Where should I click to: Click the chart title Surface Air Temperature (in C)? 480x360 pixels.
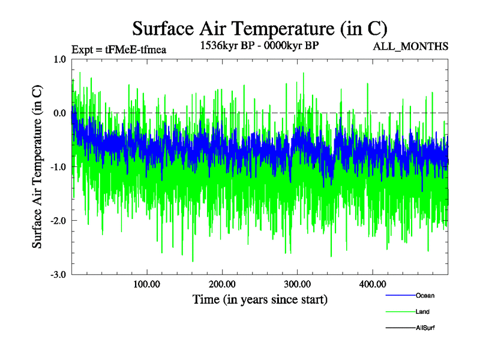click(x=260, y=28)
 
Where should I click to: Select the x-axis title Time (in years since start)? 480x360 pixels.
click(x=260, y=299)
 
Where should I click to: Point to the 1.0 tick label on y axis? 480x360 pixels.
click(x=59, y=59)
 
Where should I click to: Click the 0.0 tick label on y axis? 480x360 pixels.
click(x=59, y=113)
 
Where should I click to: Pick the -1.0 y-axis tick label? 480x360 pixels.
click(x=58, y=167)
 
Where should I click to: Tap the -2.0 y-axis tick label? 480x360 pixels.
click(x=58, y=221)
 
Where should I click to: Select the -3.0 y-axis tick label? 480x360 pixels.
click(x=58, y=275)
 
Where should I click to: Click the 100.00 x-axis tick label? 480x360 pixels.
click(x=146, y=284)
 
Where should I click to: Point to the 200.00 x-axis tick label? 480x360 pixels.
click(x=222, y=284)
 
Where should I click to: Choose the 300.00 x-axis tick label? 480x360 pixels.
click(x=297, y=284)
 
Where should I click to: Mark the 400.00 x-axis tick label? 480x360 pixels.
click(x=372, y=284)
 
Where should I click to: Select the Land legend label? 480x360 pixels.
click(x=422, y=311)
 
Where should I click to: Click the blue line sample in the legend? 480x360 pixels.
click(x=400, y=295)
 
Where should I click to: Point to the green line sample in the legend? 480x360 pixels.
click(x=400, y=311)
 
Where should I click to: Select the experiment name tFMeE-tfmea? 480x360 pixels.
click(x=136, y=50)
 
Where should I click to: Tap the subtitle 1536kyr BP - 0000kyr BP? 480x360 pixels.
click(x=259, y=45)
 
